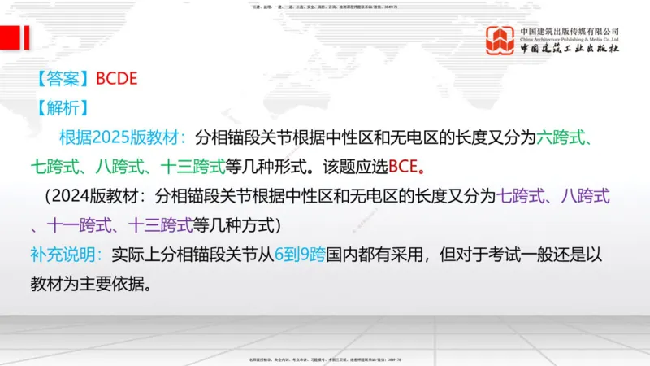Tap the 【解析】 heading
pyautogui.click(x=63, y=107)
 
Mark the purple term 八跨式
pyautogui.click(x=585, y=195)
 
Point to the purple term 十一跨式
pyautogui.click(x=72, y=224)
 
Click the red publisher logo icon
pyautogui.click(x=500, y=40)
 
